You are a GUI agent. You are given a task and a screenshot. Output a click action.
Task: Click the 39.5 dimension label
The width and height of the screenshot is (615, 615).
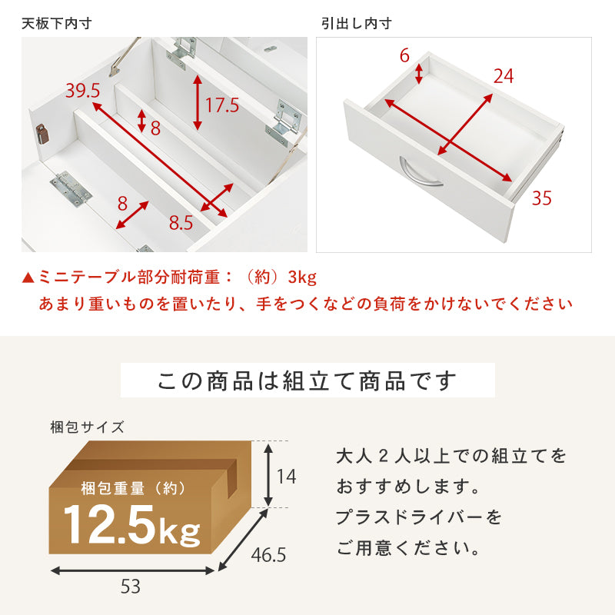[x=82, y=91]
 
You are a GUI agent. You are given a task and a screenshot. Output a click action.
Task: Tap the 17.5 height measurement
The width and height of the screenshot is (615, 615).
[x=222, y=105]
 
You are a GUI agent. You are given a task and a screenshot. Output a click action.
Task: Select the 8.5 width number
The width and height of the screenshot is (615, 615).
[x=181, y=224]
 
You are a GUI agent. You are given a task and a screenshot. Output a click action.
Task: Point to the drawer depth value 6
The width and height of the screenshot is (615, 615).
[x=404, y=55]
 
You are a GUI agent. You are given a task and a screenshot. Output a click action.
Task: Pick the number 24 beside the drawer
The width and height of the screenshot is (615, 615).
[x=504, y=76]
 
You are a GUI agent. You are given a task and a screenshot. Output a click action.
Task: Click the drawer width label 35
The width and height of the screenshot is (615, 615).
[x=541, y=199]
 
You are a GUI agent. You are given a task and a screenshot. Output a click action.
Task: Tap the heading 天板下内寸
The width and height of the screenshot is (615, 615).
[x=57, y=23]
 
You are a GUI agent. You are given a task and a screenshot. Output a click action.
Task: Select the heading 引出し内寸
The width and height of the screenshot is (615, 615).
[x=357, y=23]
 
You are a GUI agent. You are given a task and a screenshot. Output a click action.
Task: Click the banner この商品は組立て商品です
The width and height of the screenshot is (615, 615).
[x=307, y=381]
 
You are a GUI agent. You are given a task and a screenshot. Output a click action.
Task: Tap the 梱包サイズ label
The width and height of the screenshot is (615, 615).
[x=86, y=427]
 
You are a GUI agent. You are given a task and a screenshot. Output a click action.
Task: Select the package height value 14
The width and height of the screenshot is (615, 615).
[x=286, y=477]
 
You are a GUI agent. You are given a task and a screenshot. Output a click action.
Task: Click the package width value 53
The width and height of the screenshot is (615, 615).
[x=131, y=587]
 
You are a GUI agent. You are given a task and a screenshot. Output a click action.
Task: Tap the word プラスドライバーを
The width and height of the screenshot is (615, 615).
[x=419, y=517]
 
